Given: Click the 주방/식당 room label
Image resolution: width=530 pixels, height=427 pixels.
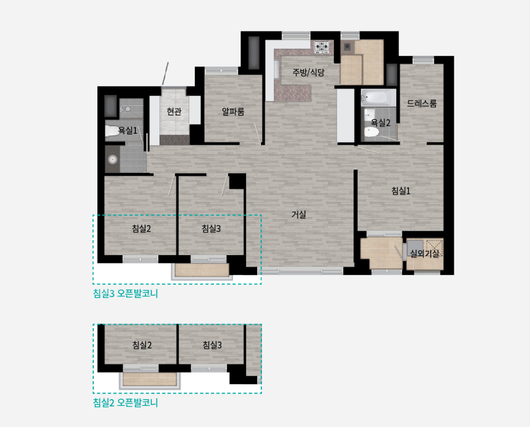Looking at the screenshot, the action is coord(308,73).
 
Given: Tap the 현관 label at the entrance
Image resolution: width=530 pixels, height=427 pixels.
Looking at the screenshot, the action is coord(174,111).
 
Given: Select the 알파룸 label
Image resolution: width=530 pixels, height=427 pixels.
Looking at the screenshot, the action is coord(233,111).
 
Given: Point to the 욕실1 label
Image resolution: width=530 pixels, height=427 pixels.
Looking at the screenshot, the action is coord(127,130).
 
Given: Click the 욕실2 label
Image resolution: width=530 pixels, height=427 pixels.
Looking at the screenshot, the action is coord(381,122).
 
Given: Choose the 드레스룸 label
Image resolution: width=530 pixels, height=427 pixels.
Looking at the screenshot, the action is coord(422,103).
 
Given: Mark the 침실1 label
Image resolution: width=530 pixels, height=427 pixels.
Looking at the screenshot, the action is coord(401,191).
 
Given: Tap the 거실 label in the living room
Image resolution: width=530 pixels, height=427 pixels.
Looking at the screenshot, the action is coord(299,214).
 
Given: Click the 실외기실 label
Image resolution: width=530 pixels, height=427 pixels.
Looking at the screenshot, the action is coord(425,253).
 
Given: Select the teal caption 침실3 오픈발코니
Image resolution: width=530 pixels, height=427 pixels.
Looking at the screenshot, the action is coord(126,293).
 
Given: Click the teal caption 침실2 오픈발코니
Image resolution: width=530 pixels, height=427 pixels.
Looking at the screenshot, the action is coord(126,403).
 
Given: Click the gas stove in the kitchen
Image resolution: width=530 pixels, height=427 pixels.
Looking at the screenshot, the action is coord(322,47).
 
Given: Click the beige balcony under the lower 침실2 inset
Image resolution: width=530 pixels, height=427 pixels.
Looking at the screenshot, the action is coord(150,379).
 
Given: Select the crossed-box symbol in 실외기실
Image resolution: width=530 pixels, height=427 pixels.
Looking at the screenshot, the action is coord(434,247).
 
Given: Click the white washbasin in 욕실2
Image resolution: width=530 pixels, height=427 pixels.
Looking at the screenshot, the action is coord(369,114).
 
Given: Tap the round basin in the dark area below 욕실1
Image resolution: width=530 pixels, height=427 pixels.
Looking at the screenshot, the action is coord(112,159).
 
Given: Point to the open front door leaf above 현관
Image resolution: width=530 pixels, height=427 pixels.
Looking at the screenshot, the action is coord(165,74).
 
